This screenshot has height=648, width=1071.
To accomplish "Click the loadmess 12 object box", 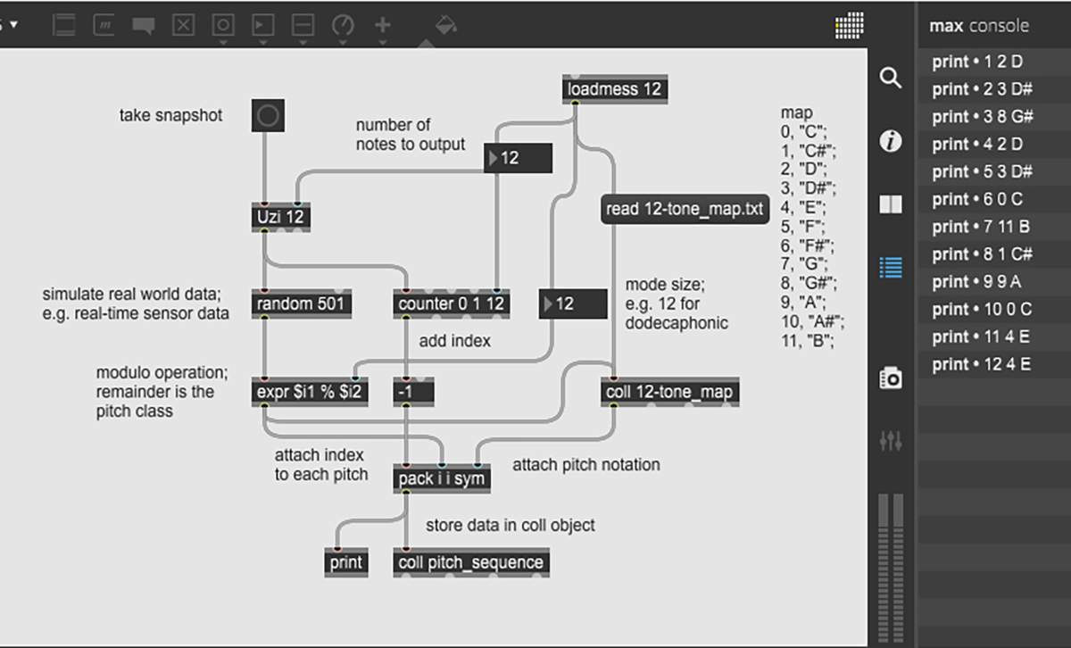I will coord(615,89).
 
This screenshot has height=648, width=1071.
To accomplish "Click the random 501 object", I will coord(301,304).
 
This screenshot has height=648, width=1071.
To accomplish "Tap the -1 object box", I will coord(413,392).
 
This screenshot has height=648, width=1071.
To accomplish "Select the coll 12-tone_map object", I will coord(670,392).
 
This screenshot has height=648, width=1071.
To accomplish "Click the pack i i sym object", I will coord(442,479).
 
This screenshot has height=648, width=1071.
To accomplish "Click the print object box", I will coord(346,562).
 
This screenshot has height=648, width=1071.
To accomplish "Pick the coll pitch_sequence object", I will coord(471,562).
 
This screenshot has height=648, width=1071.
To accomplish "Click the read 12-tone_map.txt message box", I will coord(685,210).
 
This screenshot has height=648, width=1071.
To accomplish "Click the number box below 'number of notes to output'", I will coord(518,158).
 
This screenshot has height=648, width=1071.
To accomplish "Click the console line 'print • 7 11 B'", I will coord(982,227).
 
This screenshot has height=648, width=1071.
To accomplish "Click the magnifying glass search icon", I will coord(891,78).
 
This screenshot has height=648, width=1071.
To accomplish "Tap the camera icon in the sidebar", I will coord(891,378).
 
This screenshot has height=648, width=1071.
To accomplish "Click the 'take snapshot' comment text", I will coord(170,115).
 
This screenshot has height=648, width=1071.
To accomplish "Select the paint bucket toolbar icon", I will coord(445,25).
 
